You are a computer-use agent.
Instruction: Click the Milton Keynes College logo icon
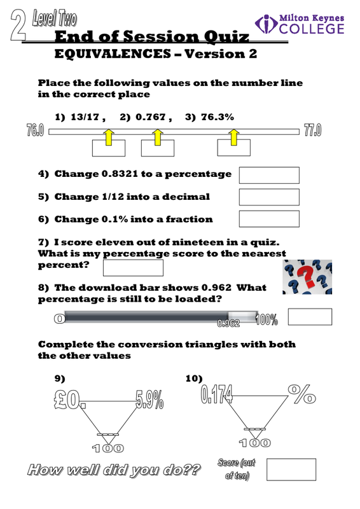coord(267,24)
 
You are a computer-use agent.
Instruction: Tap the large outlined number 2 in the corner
coord(18,25)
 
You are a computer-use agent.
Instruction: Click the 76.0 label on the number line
coord(35,130)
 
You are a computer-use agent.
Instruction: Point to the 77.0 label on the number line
coord(312,130)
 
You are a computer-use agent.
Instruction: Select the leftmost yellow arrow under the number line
coord(109,137)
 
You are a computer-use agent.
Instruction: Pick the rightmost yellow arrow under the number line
coord(233,137)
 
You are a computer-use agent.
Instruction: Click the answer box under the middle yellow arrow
coord(158,148)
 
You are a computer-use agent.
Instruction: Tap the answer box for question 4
coord(269,176)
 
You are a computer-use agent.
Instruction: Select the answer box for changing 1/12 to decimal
coord(269,197)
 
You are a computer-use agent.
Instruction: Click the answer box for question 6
coord(269,219)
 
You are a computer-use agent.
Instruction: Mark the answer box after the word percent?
coord(133,268)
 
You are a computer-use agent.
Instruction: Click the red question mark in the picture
coord(307,276)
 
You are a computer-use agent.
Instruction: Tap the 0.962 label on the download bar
coord(228,323)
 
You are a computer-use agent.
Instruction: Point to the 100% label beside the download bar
coord(267,320)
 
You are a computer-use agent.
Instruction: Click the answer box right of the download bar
coord(310,316)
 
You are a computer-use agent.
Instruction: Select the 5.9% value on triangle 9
coord(149,400)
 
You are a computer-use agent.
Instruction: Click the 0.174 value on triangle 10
coord(216,394)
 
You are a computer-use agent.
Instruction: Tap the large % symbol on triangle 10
coord(301,394)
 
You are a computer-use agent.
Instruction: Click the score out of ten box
coord(291,470)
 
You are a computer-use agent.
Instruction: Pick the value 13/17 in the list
coord(85,117)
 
